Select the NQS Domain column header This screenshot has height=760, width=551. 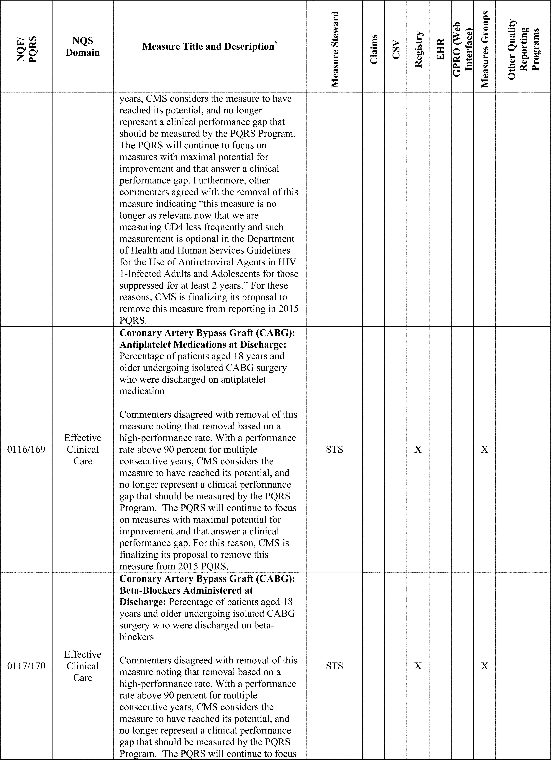pyautogui.click(x=83, y=47)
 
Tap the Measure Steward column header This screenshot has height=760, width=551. pyautogui.click(x=335, y=49)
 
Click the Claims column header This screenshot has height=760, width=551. pyautogui.click(x=374, y=49)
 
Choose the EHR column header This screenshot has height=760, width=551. pyautogui.click(x=440, y=49)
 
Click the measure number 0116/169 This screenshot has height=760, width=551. pyautogui.click(x=26, y=449)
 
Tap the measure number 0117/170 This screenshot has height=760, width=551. pyautogui.click(x=26, y=666)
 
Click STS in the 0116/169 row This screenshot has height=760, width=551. pyautogui.click(x=334, y=449)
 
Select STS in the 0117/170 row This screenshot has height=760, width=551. pyautogui.click(x=334, y=666)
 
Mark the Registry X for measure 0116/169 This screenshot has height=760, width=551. pyautogui.click(x=418, y=449)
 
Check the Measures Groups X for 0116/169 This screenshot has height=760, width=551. pyautogui.click(x=484, y=449)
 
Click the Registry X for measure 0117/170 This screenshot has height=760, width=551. pyautogui.click(x=418, y=666)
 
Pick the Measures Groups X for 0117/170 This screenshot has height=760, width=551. pyautogui.click(x=484, y=666)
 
